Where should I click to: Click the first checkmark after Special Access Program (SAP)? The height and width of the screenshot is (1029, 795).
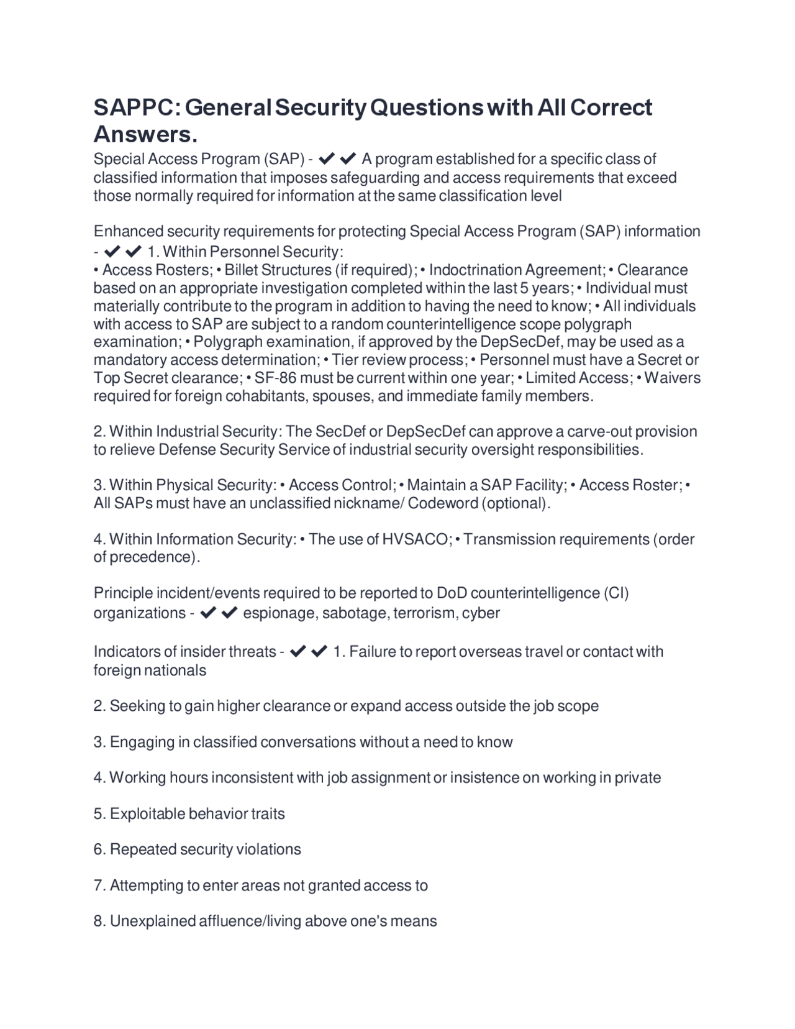click(327, 159)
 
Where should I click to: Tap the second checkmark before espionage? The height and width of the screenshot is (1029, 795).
click(229, 613)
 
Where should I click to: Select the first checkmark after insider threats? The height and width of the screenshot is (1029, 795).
click(298, 652)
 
